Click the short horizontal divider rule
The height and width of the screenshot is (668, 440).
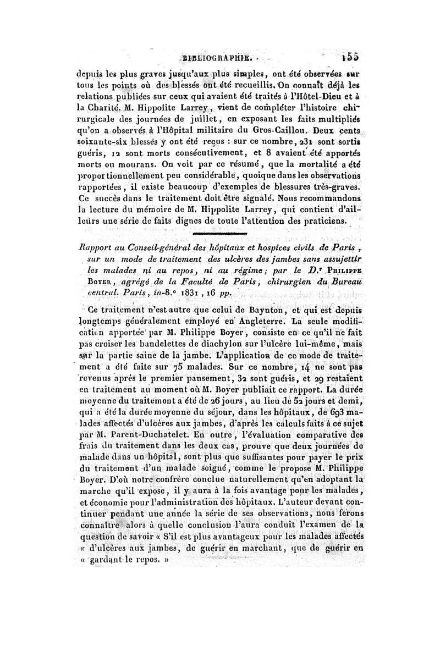(x=212, y=235)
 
